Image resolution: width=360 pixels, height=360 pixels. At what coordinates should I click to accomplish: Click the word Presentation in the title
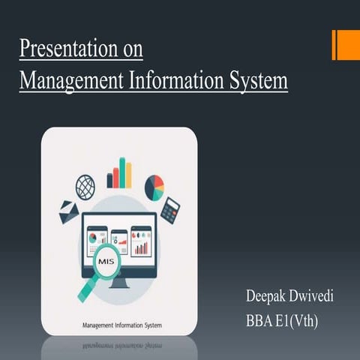pos(62,49)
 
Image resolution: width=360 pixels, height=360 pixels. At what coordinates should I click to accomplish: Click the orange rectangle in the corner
pos(346,44)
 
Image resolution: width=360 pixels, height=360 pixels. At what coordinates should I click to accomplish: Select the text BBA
pos(260,322)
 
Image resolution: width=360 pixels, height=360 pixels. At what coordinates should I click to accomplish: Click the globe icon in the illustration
pos(85,186)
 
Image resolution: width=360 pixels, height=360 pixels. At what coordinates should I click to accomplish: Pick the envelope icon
pos(70,212)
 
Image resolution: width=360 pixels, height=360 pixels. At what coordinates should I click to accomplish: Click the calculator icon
pos(170,210)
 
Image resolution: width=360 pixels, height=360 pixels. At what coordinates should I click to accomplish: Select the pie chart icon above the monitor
pos(154,187)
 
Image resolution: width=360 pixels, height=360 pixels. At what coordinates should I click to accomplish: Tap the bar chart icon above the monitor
pos(119,174)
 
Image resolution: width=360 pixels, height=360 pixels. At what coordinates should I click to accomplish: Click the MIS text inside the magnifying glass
pos(106,262)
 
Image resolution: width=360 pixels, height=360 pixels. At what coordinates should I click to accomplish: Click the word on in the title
pos(131,49)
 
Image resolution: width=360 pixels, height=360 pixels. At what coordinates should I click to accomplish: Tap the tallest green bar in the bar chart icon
pos(121,172)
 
